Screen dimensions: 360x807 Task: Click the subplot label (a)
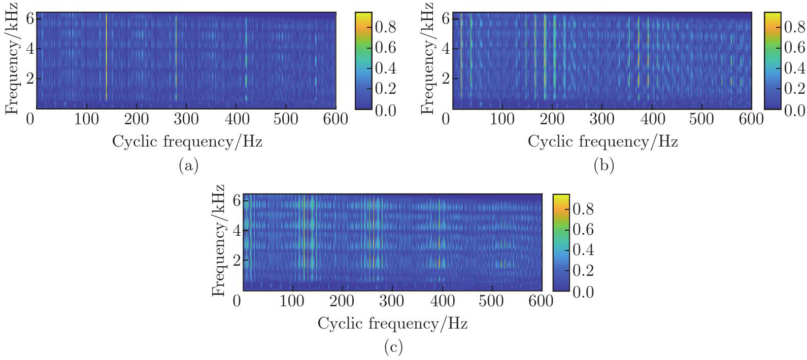point(188,165)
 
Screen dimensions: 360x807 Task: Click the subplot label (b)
point(603,165)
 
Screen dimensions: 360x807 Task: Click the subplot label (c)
point(394,347)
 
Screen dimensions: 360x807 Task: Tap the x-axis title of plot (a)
point(187,141)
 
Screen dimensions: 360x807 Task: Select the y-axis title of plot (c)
point(218,241)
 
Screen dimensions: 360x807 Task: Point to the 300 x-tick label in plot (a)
point(186,119)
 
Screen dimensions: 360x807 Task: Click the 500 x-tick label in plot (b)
point(701,119)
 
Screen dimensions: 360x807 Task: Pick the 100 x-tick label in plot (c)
point(292,301)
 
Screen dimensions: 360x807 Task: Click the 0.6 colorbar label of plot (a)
point(385,48)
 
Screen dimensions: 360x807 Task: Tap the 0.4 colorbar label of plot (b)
point(794,68)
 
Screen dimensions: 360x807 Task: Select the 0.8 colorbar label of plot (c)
point(583,209)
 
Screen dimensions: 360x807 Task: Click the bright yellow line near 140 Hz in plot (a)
point(107,56)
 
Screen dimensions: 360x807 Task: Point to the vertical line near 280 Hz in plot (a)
point(176,56)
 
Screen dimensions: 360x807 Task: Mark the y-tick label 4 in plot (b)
point(445,49)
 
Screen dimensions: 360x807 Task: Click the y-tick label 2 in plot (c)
point(237,261)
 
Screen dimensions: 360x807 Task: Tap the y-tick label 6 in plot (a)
point(30,19)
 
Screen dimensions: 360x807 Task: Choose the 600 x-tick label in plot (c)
point(541,301)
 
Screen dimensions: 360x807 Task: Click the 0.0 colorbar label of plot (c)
point(583,292)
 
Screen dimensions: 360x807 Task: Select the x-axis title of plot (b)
point(602,141)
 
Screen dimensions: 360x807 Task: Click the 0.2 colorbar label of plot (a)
point(385,88)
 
